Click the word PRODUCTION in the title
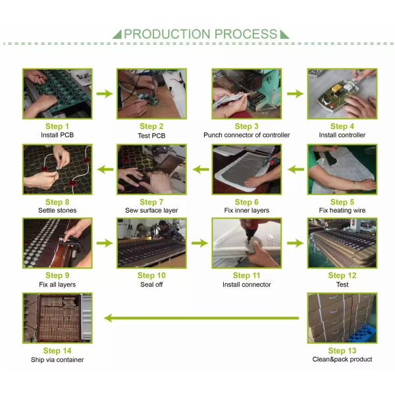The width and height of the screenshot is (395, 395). pyautogui.click(x=167, y=34)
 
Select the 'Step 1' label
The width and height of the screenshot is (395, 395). pyautogui.click(x=57, y=126)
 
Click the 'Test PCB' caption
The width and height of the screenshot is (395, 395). pyautogui.click(x=151, y=136)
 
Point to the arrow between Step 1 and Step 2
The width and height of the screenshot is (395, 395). pyautogui.click(x=105, y=93)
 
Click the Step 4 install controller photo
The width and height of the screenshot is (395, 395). pyautogui.click(x=342, y=93)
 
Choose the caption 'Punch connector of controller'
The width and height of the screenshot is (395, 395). pyautogui.click(x=247, y=135)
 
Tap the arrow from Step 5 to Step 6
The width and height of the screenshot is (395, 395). pyautogui.click(x=296, y=169)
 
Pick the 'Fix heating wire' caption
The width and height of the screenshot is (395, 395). pyautogui.click(x=342, y=211)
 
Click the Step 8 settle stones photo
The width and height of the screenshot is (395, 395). pyautogui.click(x=57, y=169)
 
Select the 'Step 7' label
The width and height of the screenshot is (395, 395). pyautogui.click(x=151, y=202)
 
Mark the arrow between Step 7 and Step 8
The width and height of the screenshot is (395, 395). pyautogui.click(x=105, y=169)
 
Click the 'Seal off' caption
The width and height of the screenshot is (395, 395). pyautogui.click(x=151, y=284)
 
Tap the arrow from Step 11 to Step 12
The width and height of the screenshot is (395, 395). pyautogui.click(x=295, y=243)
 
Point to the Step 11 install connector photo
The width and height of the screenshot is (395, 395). pyautogui.click(x=247, y=243)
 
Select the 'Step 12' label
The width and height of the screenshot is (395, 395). pyautogui.click(x=342, y=275)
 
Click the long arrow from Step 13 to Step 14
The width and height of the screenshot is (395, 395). pyautogui.click(x=201, y=318)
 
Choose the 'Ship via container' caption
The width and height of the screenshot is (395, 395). pyautogui.click(x=57, y=359)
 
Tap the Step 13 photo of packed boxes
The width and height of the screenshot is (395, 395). pyautogui.click(x=342, y=318)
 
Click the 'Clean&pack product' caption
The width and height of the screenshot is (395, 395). pyautogui.click(x=342, y=359)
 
